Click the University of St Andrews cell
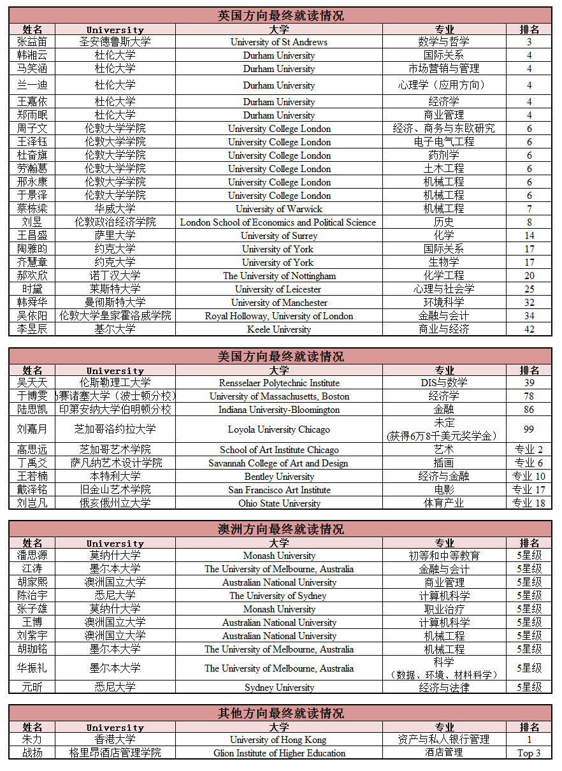click(279, 42)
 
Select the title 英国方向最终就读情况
click(280, 15)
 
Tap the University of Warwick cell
click(279, 209)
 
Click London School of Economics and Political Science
click(278, 222)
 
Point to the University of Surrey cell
click(279, 236)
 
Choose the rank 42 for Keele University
click(529, 329)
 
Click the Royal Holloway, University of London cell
click(279, 316)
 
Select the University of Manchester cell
click(279, 303)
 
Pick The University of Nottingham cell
click(279, 276)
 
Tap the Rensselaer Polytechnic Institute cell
click(279, 383)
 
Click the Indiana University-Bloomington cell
click(279, 410)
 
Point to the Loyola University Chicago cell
click(279, 429)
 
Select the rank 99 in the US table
click(529, 429)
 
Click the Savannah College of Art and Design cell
click(279, 463)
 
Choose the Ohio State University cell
click(279, 503)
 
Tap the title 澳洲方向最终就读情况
click(280, 529)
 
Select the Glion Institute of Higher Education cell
click(279, 753)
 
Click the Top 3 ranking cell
click(529, 753)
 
